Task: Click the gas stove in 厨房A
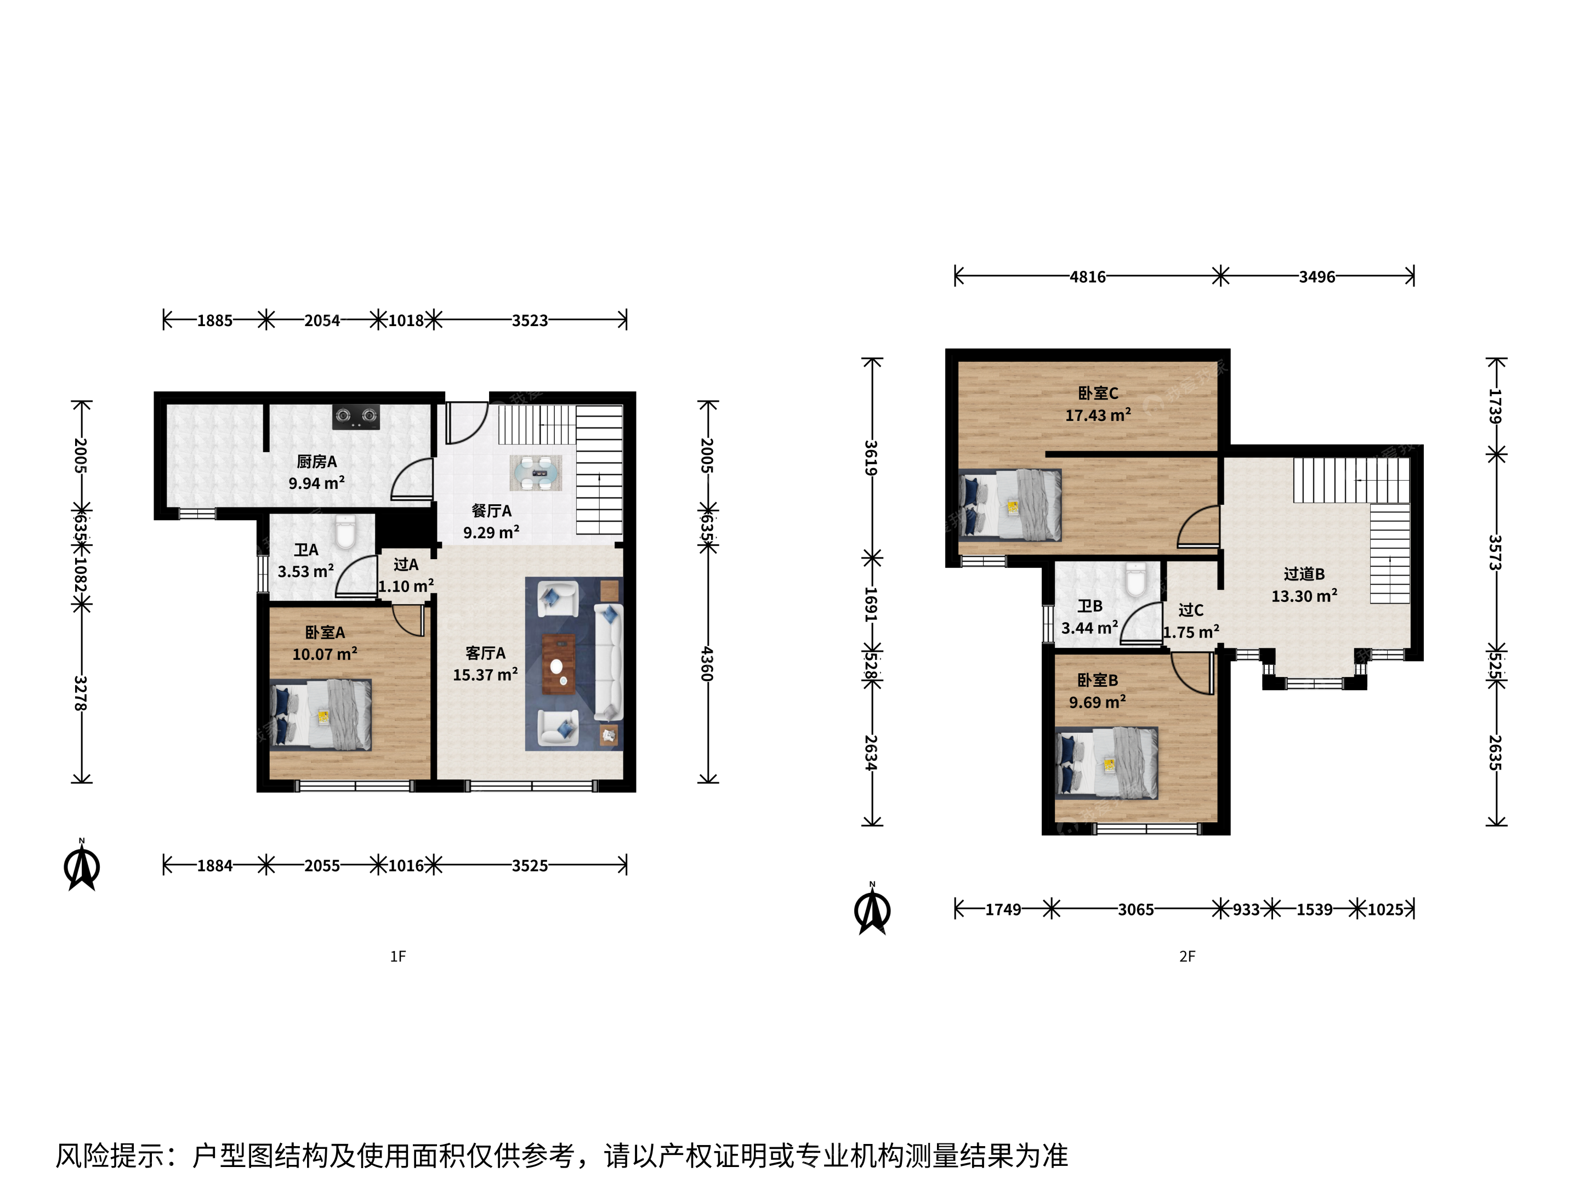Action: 355,417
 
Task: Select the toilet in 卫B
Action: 1135,579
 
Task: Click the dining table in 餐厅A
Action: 535,473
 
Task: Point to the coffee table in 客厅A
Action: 558,664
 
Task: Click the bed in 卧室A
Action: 321,714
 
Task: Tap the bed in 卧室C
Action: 1009,505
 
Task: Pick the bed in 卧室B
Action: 1106,763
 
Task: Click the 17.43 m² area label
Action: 1098,415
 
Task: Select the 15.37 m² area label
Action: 485,674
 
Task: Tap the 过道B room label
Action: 1304,574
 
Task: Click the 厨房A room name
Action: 317,462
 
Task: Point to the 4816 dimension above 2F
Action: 1087,277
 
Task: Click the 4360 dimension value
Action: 707,664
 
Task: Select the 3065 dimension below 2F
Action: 1135,910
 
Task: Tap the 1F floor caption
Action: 397,957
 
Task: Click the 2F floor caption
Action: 1187,957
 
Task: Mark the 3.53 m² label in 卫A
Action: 305,572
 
